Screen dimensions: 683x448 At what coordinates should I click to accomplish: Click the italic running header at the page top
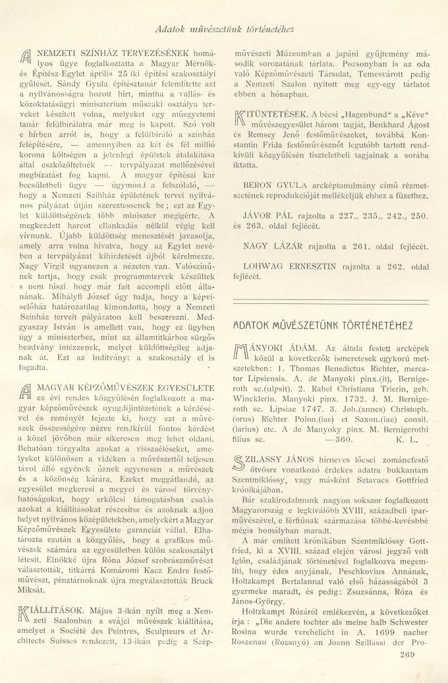coord(223,30)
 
